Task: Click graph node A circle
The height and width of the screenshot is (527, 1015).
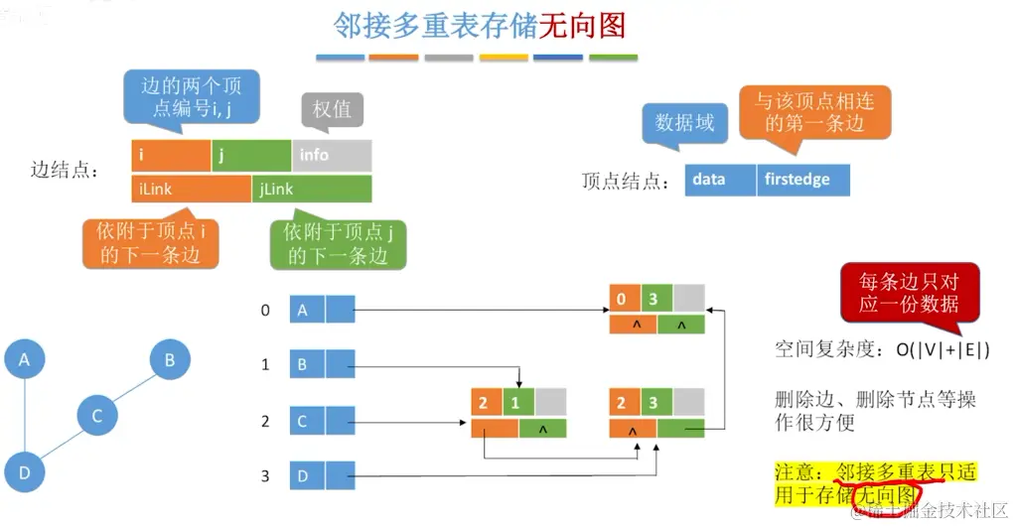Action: [x=25, y=360]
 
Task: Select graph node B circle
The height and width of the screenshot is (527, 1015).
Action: [x=170, y=360]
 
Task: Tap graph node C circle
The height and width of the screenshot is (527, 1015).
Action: [x=97, y=416]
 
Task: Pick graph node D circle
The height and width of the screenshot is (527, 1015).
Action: [x=25, y=471]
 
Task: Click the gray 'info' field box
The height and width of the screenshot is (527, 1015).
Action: [x=332, y=155]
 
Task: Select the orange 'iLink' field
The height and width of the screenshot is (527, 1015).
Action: [x=191, y=188]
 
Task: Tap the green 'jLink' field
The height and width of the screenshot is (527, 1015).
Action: [x=312, y=188]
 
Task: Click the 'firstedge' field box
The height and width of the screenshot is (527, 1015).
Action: [x=802, y=180]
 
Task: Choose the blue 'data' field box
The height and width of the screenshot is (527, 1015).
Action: [x=720, y=180]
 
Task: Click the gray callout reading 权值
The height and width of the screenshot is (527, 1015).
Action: [x=333, y=109]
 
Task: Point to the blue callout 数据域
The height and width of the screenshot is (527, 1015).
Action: [x=684, y=122]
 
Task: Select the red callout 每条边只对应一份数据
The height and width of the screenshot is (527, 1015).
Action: [x=909, y=292]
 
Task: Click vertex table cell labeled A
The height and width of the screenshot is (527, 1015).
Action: [x=307, y=310]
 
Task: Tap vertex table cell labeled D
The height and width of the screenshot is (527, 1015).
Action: [x=307, y=476]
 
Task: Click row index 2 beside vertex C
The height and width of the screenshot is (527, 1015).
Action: [x=265, y=421]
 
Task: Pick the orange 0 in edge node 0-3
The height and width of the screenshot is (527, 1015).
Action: [x=621, y=296]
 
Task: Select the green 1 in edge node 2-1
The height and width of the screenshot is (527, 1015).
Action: [x=514, y=405]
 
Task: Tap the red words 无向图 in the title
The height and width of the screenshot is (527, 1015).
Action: [x=582, y=26]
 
